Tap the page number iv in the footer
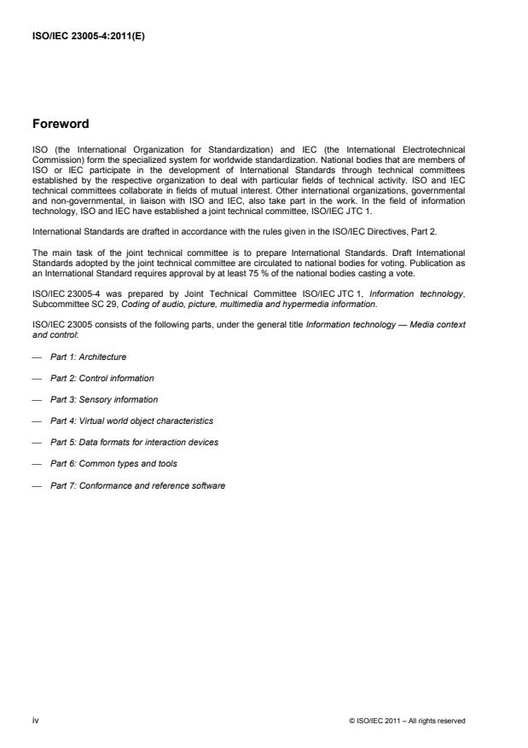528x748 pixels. (35, 720)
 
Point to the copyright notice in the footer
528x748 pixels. (408, 721)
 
